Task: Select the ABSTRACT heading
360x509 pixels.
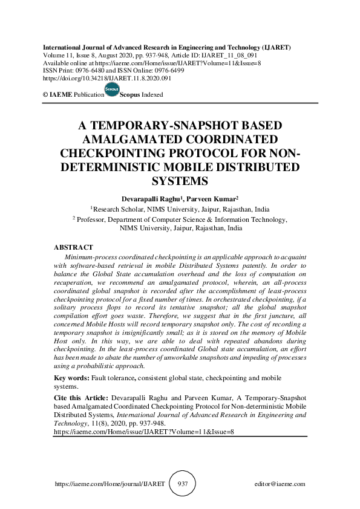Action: point(73,247)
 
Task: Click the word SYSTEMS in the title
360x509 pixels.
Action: point(180,181)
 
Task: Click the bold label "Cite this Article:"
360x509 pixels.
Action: point(80,399)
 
